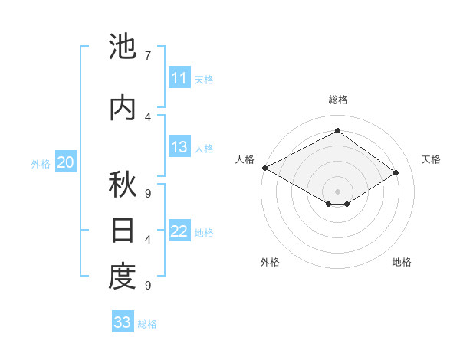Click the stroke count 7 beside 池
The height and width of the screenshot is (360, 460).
[x=147, y=56]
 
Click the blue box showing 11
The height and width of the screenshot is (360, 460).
[x=179, y=78]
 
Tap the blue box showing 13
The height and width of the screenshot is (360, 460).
[x=179, y=148]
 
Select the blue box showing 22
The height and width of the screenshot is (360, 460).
[x=179, y=232]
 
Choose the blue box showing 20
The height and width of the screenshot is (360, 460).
[x=66, y=162]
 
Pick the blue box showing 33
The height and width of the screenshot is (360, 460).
[x=123, y=322]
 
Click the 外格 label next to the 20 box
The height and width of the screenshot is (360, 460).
[x=41, y=163]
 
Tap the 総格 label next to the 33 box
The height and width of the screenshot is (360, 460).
[x=147, y=324]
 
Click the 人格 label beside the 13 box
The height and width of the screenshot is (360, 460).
[x=204, y=149]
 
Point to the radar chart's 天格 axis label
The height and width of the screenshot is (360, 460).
[x=431, y=159]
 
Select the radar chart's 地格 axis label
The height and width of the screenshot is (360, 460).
[x=402, y=262]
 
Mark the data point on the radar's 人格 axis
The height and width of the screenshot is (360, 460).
[x=264, y=168]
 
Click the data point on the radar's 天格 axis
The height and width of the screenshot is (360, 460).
[x=396, y=173]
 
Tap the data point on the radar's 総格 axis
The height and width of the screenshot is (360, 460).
[x=337, y=131]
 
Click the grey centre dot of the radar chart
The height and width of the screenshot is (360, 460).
[x=337, y=190]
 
